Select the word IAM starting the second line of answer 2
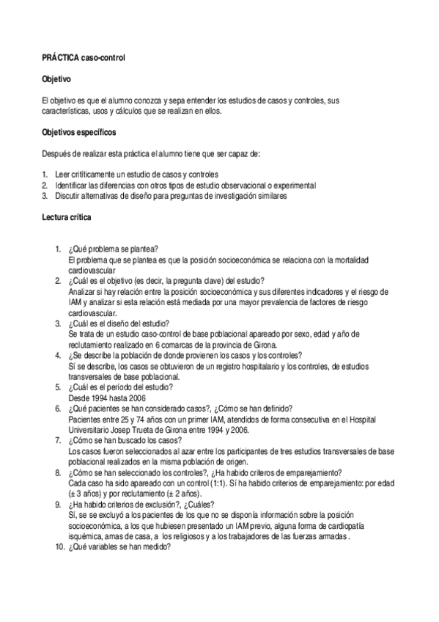click(74, 301)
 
